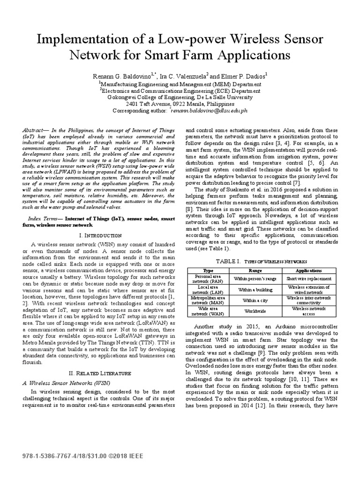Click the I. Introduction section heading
click(x=99, y=235)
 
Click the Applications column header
click(x=308, y=271)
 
